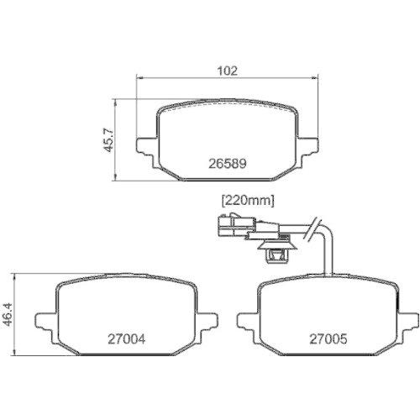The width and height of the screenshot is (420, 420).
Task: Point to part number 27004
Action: pyautogui.click(x=127, y=339)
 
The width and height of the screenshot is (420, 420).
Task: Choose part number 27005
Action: pyautogui.click(x=327, y=339)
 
